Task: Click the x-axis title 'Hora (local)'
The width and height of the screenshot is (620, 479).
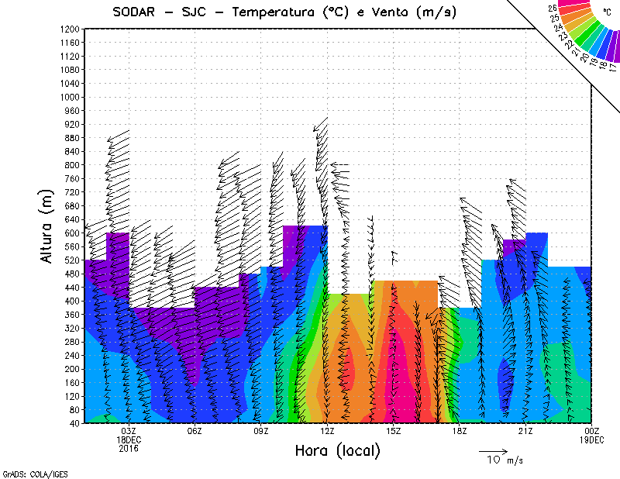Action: [x=337, y=450]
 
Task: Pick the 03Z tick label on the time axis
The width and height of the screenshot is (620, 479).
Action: [x=129, y=431]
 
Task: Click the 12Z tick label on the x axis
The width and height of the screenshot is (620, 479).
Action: [x=327, y=431]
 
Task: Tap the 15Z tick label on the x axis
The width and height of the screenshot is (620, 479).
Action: [x=393, y=431]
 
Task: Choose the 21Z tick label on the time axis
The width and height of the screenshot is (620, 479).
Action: [x=525, y=431]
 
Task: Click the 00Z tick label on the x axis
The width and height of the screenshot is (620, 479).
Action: [x=591, y=431]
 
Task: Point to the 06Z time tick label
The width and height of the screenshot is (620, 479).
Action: [x=195, y=431]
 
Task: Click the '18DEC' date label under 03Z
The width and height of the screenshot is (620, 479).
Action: [x=129, y=439]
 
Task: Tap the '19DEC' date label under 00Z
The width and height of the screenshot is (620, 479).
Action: [x=591, y=439]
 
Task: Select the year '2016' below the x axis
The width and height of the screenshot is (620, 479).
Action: [x=129, y=448]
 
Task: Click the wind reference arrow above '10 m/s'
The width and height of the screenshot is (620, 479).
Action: [x=493, y=450]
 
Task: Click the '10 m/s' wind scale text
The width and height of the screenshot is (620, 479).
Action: [x=504, y=460]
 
